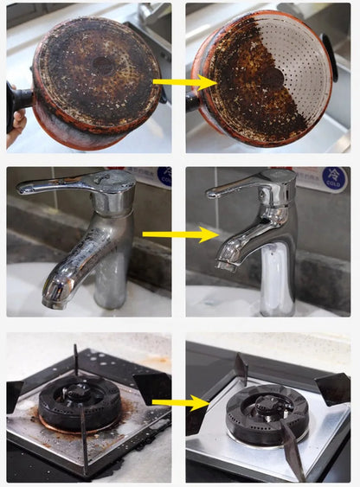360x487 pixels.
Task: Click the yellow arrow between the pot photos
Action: coord(183,82)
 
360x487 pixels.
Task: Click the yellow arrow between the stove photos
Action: coord(180,402)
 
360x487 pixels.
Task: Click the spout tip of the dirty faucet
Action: coord(53,299)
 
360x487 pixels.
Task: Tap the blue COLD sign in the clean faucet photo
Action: coord(336,178)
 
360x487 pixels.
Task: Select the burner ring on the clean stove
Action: coord(266,413)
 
